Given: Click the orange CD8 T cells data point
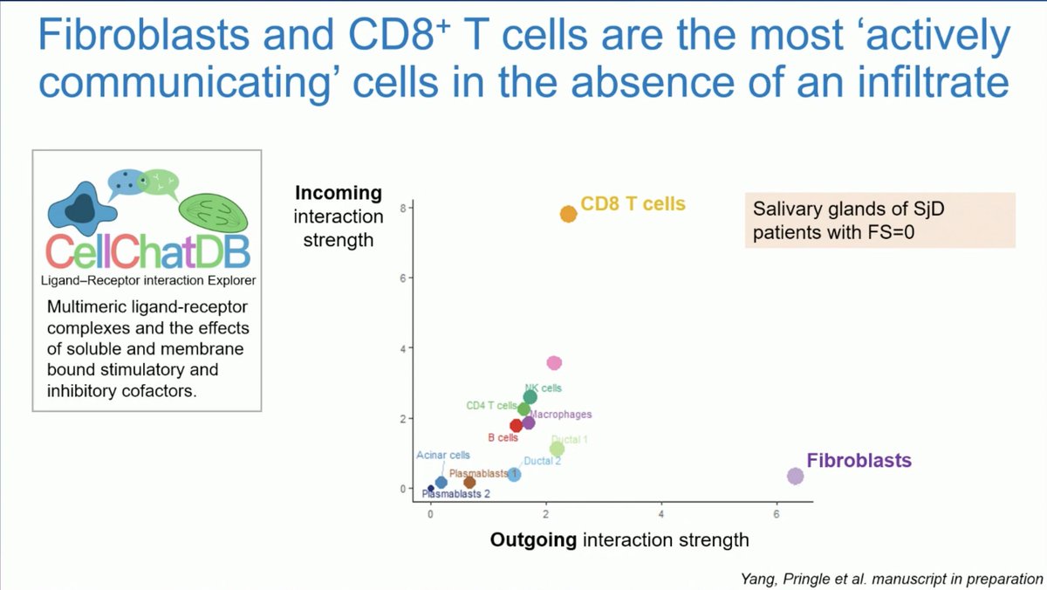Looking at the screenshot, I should tap(568, 214).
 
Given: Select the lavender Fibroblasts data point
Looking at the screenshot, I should tap(795, 476).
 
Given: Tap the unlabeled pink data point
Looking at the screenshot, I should tap(553, 363).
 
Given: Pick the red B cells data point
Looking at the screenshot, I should tap(517, 426).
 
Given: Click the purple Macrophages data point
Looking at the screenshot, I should tap(528, 423).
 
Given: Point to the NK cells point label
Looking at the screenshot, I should tap(543, 388).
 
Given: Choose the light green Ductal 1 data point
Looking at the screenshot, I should tap(557, 449).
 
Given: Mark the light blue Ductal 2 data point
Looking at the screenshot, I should tap(514, 475).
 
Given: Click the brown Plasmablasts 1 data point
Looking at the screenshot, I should tap(469, 482).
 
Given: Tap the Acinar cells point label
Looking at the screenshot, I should tap(442, 456).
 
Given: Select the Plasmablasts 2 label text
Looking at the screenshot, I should tap(455, 494).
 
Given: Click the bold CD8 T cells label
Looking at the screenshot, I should tap(633, 204).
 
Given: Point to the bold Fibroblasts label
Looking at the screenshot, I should tap(859, 460).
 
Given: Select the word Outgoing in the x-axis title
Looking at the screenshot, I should tap(533, 540).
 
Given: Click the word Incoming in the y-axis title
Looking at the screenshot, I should tap(339, 193).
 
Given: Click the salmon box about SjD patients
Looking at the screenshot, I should tap(879, 220).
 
